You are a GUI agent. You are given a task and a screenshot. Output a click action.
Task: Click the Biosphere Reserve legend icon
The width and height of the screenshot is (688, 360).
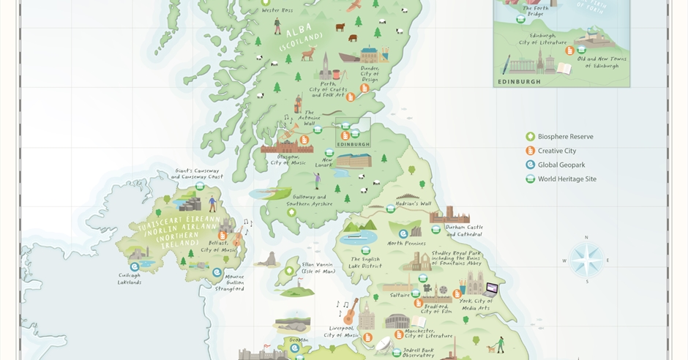(530, 137)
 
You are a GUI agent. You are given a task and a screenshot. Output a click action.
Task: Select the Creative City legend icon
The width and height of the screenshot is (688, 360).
(530, 151)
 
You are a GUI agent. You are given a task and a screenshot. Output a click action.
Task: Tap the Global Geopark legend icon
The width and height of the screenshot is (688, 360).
(530, 165)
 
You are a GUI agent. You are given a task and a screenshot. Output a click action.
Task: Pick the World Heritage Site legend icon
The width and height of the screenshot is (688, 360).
(530, 179)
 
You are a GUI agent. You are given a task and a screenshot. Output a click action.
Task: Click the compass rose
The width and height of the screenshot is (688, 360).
(586, 260)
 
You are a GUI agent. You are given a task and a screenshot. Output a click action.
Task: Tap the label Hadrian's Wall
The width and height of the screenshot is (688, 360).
(414, 204)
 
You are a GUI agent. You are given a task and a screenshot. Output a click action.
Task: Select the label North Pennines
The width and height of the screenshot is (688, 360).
(406, 243)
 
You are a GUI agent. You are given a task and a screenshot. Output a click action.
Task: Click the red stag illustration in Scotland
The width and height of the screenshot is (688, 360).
(308, 53)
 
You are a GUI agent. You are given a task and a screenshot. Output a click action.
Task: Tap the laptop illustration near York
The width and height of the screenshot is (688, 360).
(490, 289)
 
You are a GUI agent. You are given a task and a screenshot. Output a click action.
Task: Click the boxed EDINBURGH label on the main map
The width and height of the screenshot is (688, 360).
(353, 144)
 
